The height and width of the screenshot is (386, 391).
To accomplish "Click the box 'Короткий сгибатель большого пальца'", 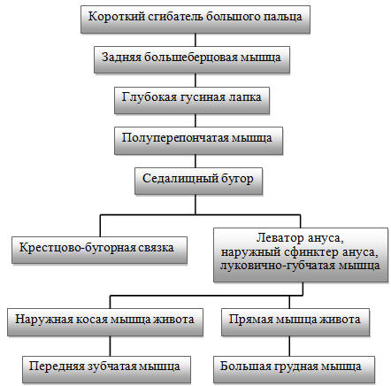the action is pyautogui.click(x=195, y=19).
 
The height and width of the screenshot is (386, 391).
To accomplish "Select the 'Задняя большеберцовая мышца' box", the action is pyautogui.click(x=192, y=59).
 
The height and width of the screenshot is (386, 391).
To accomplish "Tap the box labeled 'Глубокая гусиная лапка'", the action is pyautogui.click(x=192, y=100).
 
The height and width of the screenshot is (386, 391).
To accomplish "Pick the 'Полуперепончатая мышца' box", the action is pyautogui.click(x=198, y=141).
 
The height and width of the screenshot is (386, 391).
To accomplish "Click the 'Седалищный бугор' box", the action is pyautogui.click(x=198, y=181).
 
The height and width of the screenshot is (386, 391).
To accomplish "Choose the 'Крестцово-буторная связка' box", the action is pyautogui.click(x=99, y=250).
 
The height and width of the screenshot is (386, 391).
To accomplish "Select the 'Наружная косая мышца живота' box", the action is pyautogui.click(x=105, y=322).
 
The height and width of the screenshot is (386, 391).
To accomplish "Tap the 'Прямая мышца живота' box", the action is pyautogui.click(x=295, y=322).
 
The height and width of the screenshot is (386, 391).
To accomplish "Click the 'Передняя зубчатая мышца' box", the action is pyautogui.click(x=106, y=369).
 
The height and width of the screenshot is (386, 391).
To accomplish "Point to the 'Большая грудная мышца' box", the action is pyautogui.click(x=294, y=369).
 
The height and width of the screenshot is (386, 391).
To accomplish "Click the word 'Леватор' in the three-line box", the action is pyautogui.click(x=280, y=238).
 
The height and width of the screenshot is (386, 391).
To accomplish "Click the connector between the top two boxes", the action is pyautogui.click(x=195, y=40).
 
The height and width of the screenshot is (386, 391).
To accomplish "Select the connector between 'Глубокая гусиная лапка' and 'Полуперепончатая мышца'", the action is pyautogui.click(x=195, y=120).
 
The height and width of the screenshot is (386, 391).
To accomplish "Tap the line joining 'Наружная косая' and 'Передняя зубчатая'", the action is pyautogui.click(x=110, y=346).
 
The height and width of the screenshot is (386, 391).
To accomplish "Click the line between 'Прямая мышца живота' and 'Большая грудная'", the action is pyautogui.click(x=289, y=346).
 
